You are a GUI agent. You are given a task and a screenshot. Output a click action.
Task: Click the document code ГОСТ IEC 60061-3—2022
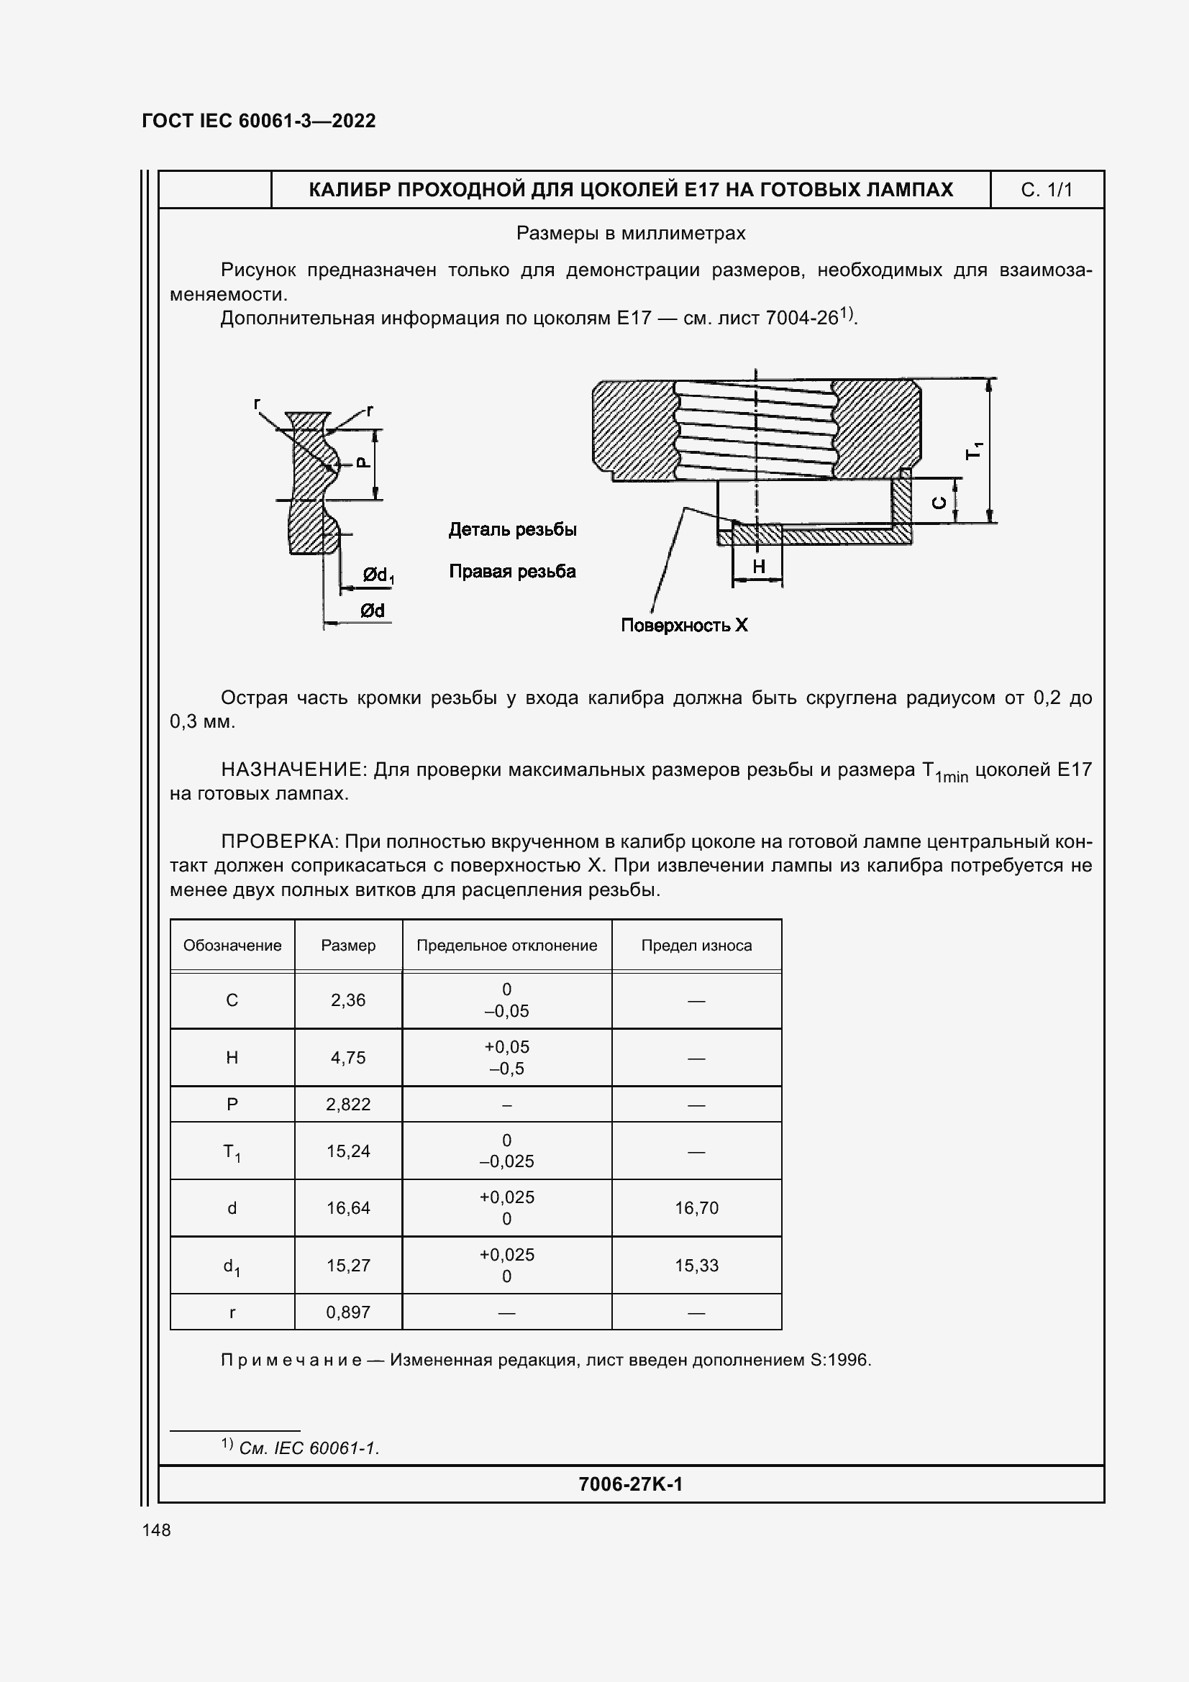pyautogui.click(x=259, y=121)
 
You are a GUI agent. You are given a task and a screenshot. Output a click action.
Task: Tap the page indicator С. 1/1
pyautogui.click(x=1046, y=191)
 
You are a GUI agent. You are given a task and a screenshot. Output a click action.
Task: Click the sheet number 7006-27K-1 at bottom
pyautogui.click(x=630, y=1484)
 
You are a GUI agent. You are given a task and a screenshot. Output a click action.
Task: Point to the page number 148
pyautogui.click(x=156, y=1530)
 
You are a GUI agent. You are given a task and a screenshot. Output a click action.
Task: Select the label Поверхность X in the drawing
pyautogui.click(x=684, y=625)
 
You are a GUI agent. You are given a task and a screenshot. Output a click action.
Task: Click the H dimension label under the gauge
pyautogui.click(x=758, y=566)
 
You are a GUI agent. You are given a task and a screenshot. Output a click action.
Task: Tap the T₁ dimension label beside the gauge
pyautogui.click(x=975, y=452)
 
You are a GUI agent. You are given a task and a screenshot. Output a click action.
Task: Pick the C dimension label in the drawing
pyautogui.click(x=939, y=503)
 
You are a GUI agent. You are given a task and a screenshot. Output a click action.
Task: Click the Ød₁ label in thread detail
pyautogui.click(x=378, y=576)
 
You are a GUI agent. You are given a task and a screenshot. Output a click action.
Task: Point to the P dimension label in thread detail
pyautogui.click(x=363, y=463)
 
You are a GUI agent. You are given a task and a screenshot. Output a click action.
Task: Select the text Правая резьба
pyautogui.click(x=512, y=572)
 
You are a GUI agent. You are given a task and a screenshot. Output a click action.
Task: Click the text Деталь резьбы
pyautogui.click(x=512, y=530)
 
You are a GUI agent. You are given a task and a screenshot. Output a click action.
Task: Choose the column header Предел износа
pyautogui.click(x=696, y=946)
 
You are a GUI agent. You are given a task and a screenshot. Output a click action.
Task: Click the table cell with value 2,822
pyautogui.click(x=348, y=1105)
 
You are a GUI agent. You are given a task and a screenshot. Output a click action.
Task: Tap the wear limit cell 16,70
pyautogui.click(x=696, y=1208)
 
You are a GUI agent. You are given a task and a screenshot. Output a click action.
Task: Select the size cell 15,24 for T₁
pyautogui.click(x=348, y=1151)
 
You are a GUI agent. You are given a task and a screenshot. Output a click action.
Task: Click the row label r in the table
pyautogui.click(x=232, y=1312)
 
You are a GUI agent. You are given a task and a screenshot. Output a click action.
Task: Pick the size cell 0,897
pyautogui.click(x=348, y=1312)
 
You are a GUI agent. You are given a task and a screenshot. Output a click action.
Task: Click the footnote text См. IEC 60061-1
pyautogui.click(x=309, y=1448)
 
